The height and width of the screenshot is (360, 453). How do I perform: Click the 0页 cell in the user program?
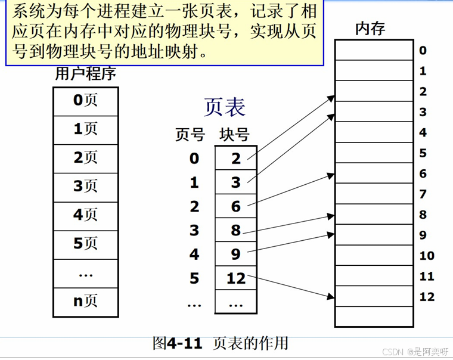(x=85, y=101)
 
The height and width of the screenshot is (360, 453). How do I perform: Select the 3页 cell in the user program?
(x=85, y=187)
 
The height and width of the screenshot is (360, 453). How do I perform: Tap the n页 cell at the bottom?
(x=85, y=301)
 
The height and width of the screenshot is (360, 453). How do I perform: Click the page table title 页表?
(x=224, y=107)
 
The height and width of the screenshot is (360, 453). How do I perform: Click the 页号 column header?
(x=190, y=135)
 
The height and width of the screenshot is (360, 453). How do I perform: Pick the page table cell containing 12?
(x=236, y=278)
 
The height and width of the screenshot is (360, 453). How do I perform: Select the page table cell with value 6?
(x=236, y=206)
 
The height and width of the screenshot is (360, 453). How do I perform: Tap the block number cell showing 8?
(x=236, y=231)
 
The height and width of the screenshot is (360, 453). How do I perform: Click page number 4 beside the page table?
(x=194, y=255)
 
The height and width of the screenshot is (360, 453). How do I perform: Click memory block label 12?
(x=427, y=297)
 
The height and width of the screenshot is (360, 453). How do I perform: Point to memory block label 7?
(x=423, y=194)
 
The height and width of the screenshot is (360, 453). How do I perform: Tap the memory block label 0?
(x=423, y=51)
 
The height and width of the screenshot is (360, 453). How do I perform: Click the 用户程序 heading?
(x=85, y=74)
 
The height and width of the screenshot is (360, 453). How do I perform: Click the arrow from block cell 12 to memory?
(x=290, y=286)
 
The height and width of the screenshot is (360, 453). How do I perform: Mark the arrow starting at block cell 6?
(x=290, y=190)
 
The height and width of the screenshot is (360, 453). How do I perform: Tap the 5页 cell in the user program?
(x=85, y=244)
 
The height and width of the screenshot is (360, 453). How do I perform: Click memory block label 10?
(x=427, y=256)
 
